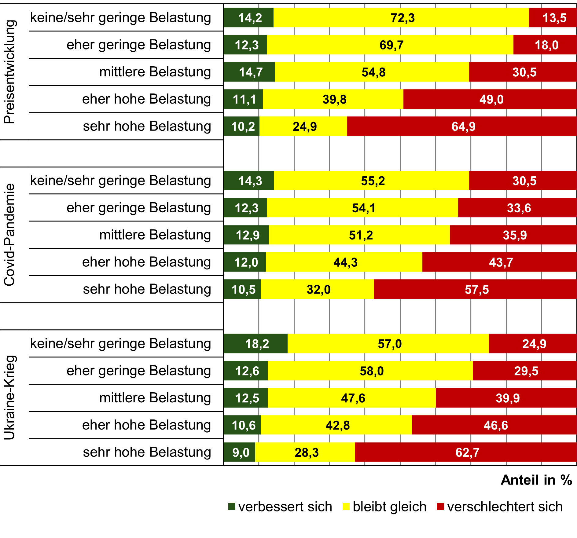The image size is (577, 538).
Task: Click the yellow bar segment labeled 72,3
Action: [x=401, y=18]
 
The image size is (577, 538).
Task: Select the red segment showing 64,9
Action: [x=461, y=126]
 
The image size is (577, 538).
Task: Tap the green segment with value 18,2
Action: [x=255, y=344]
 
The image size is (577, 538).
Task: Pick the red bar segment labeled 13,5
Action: [x=553, y=18]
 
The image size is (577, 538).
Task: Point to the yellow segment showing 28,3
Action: [x=305, y=452]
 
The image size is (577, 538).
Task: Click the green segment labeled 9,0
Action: [x=239, y=452]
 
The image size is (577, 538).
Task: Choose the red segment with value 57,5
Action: [x=475, y=289]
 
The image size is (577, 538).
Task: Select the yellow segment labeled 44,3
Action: [x=344, y=262]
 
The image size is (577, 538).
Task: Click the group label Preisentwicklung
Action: [x=9, y=72]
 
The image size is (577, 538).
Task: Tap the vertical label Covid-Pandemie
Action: [x=9, y=235]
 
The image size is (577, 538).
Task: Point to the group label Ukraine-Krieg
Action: [x=9, y=397]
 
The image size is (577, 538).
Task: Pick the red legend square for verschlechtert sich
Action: [x=440, y=507]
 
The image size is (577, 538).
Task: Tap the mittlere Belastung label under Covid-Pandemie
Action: [x=155, y=235]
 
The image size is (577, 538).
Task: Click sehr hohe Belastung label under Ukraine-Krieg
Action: [x=147, y=452]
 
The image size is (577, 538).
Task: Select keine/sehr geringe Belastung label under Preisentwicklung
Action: [x=120, y=17]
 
